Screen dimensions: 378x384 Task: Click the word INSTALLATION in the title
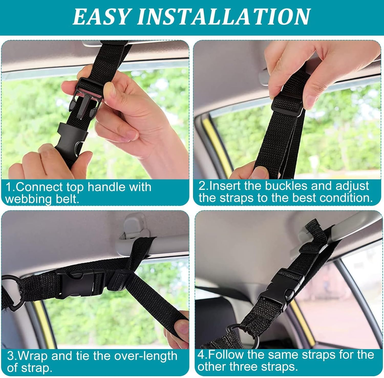coord(224,17)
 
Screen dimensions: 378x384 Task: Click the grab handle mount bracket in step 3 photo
coord(134,225)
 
